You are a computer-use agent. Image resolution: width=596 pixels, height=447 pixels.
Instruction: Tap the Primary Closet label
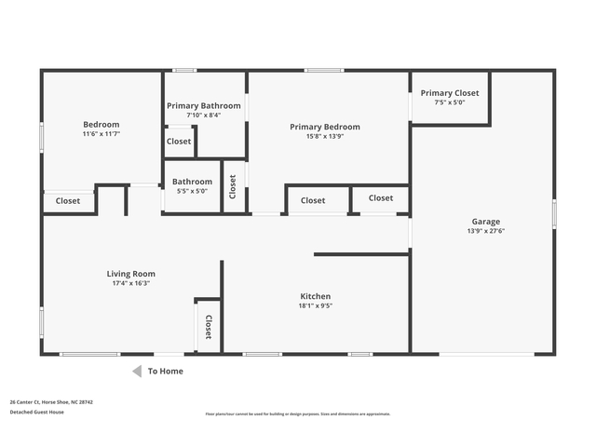[x=449, y=93]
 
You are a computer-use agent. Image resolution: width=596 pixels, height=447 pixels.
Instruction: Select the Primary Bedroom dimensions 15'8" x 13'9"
[x=324, y=136]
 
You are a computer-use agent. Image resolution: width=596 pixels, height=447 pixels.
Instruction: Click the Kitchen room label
[x=315, y=296]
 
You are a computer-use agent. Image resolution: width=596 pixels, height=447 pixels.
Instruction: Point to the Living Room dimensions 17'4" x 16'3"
[x=130, y=283]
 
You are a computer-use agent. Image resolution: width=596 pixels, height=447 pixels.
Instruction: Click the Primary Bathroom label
[x=204, y=106]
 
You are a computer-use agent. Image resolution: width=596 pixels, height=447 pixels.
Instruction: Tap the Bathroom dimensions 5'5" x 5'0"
[x=192, y=191]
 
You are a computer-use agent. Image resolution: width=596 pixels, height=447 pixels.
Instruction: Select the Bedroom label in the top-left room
[x=102, y=125]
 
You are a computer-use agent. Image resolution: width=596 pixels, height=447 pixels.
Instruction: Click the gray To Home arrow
[x=136, y=371]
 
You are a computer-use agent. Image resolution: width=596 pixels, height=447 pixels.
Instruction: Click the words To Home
[x=166, y=371]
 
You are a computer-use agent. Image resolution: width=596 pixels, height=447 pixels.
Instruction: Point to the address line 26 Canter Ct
[x=51, y=402]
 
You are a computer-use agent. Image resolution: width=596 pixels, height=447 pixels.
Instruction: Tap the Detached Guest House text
[x=36, y=412]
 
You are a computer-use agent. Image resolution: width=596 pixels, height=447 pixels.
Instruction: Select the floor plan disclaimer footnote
[x=298, y=413]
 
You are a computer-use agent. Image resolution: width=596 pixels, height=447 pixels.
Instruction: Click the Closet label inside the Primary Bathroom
[x=178, y=142]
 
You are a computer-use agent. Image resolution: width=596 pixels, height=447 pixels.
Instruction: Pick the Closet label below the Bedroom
[x=68, y=201]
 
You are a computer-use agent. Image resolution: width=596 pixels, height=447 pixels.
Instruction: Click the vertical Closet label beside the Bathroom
[x=233, y=187]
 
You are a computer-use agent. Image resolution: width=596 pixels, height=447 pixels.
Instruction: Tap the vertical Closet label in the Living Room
[x=209, y=327]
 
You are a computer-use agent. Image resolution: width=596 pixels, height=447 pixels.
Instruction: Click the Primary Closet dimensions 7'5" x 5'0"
[x=449, y=102]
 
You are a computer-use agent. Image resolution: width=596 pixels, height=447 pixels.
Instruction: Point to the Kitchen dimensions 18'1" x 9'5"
[x=315, y=305]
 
